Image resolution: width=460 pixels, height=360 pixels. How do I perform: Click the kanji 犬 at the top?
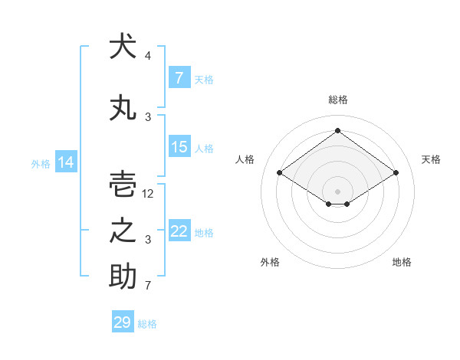click(x=123, y=46)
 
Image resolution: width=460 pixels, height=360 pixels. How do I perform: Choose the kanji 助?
click(x=123, y=276)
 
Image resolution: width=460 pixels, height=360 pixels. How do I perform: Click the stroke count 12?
click(x=147, y=194)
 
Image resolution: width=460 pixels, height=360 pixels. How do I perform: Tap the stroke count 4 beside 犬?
click(x=148, y=56)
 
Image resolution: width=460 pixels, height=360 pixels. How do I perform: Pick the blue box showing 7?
click(x=179, y=77)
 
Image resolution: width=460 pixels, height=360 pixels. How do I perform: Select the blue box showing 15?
click(x=179, y=146)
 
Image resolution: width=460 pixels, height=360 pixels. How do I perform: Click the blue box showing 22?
click(x=179, y=230)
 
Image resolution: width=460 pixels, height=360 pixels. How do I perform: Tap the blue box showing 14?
click(x=66, y=162)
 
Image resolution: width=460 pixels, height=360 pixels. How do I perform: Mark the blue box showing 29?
click(x=123, y=321)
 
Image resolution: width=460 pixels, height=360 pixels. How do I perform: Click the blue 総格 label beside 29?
click(x=147, y=324)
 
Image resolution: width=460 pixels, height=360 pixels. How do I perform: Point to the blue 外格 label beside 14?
click(x=41, y=164)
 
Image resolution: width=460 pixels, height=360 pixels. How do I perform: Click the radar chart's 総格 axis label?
click(x=338, y=100)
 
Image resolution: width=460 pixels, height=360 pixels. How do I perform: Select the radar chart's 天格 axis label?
click(x=431, y=159)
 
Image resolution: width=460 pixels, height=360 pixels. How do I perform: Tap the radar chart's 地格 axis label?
click(x=402, y=262)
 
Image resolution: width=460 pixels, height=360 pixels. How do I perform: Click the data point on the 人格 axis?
click(x=280, y=172)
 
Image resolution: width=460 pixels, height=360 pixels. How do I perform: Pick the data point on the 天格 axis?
click(x=396, y=172)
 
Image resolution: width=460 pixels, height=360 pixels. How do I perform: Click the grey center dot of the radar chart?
click(x=337, y=191)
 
